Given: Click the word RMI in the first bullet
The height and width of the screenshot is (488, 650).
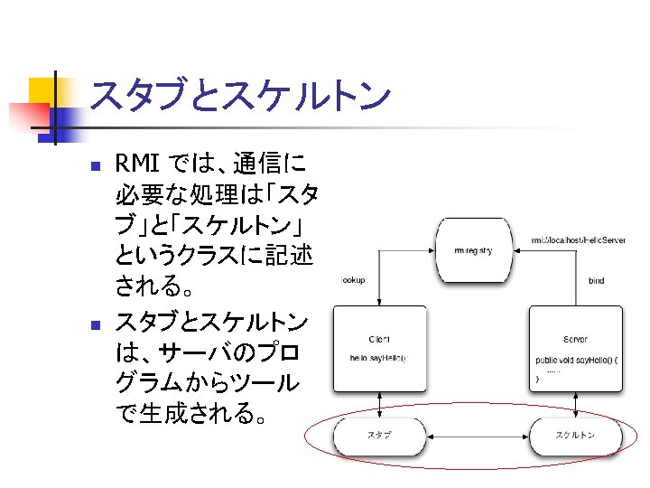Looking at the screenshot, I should [137, 164].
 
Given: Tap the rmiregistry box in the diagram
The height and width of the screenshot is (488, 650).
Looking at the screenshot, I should [473, 250].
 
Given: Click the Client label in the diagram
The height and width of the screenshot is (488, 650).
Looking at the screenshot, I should [379, 339].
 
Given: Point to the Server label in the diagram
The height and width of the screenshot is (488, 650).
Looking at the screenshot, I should [575, 339].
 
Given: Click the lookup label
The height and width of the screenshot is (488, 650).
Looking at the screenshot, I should [353, 280].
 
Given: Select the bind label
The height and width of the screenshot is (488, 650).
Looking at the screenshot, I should [596, 281].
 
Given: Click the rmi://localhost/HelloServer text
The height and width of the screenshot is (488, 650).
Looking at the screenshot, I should [578, 240].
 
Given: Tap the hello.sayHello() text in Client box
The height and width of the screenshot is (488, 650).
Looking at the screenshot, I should [378, 358].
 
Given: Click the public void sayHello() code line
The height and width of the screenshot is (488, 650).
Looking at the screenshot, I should [576, 360].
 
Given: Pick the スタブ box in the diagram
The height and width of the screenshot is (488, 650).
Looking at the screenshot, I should [379, 436].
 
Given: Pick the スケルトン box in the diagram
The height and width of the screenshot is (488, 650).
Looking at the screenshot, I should [575, 436].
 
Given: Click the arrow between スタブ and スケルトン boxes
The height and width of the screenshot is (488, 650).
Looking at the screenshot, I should [477, 436].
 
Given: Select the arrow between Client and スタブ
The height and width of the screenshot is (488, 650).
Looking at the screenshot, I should [379, 405].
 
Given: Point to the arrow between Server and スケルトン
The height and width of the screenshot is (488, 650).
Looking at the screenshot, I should [575, 405].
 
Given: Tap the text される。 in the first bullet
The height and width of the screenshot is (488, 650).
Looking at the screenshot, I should [154, 288].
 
